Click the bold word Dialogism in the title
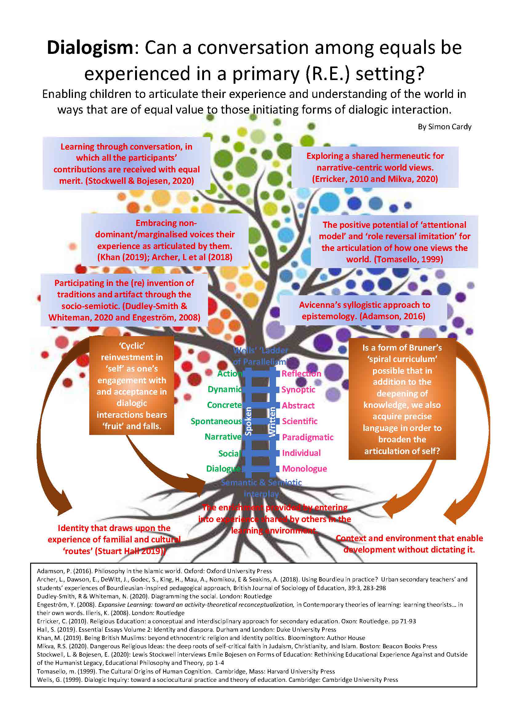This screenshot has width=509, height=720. point(90,48)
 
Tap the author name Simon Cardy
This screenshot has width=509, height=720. point(444,127)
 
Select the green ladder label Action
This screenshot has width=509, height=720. point(230,373)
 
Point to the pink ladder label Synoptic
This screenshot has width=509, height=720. point(298,389)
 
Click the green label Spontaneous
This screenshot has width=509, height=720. point(216,421)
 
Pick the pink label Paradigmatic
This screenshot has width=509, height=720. point(307,437)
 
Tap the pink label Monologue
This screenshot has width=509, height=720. point(304,469)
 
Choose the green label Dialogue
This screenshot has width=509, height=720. point(223,469)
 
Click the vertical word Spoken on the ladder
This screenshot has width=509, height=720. point(248,421)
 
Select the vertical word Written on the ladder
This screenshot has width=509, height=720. point(272,421)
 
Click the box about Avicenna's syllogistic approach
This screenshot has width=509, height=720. point(363,311)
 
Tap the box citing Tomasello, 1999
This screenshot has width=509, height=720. point(394,242)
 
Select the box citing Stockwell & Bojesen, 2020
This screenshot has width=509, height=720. point(126,163)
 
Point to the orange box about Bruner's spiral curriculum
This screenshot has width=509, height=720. point(402,399)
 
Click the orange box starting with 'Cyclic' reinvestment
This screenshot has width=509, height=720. point(132,386)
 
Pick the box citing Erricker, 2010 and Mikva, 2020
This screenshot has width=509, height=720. point(375,167)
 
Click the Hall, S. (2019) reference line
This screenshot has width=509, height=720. point(186,629)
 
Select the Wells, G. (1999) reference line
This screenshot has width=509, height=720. point(217,680)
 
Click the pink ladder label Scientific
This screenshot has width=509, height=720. point(300,421)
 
